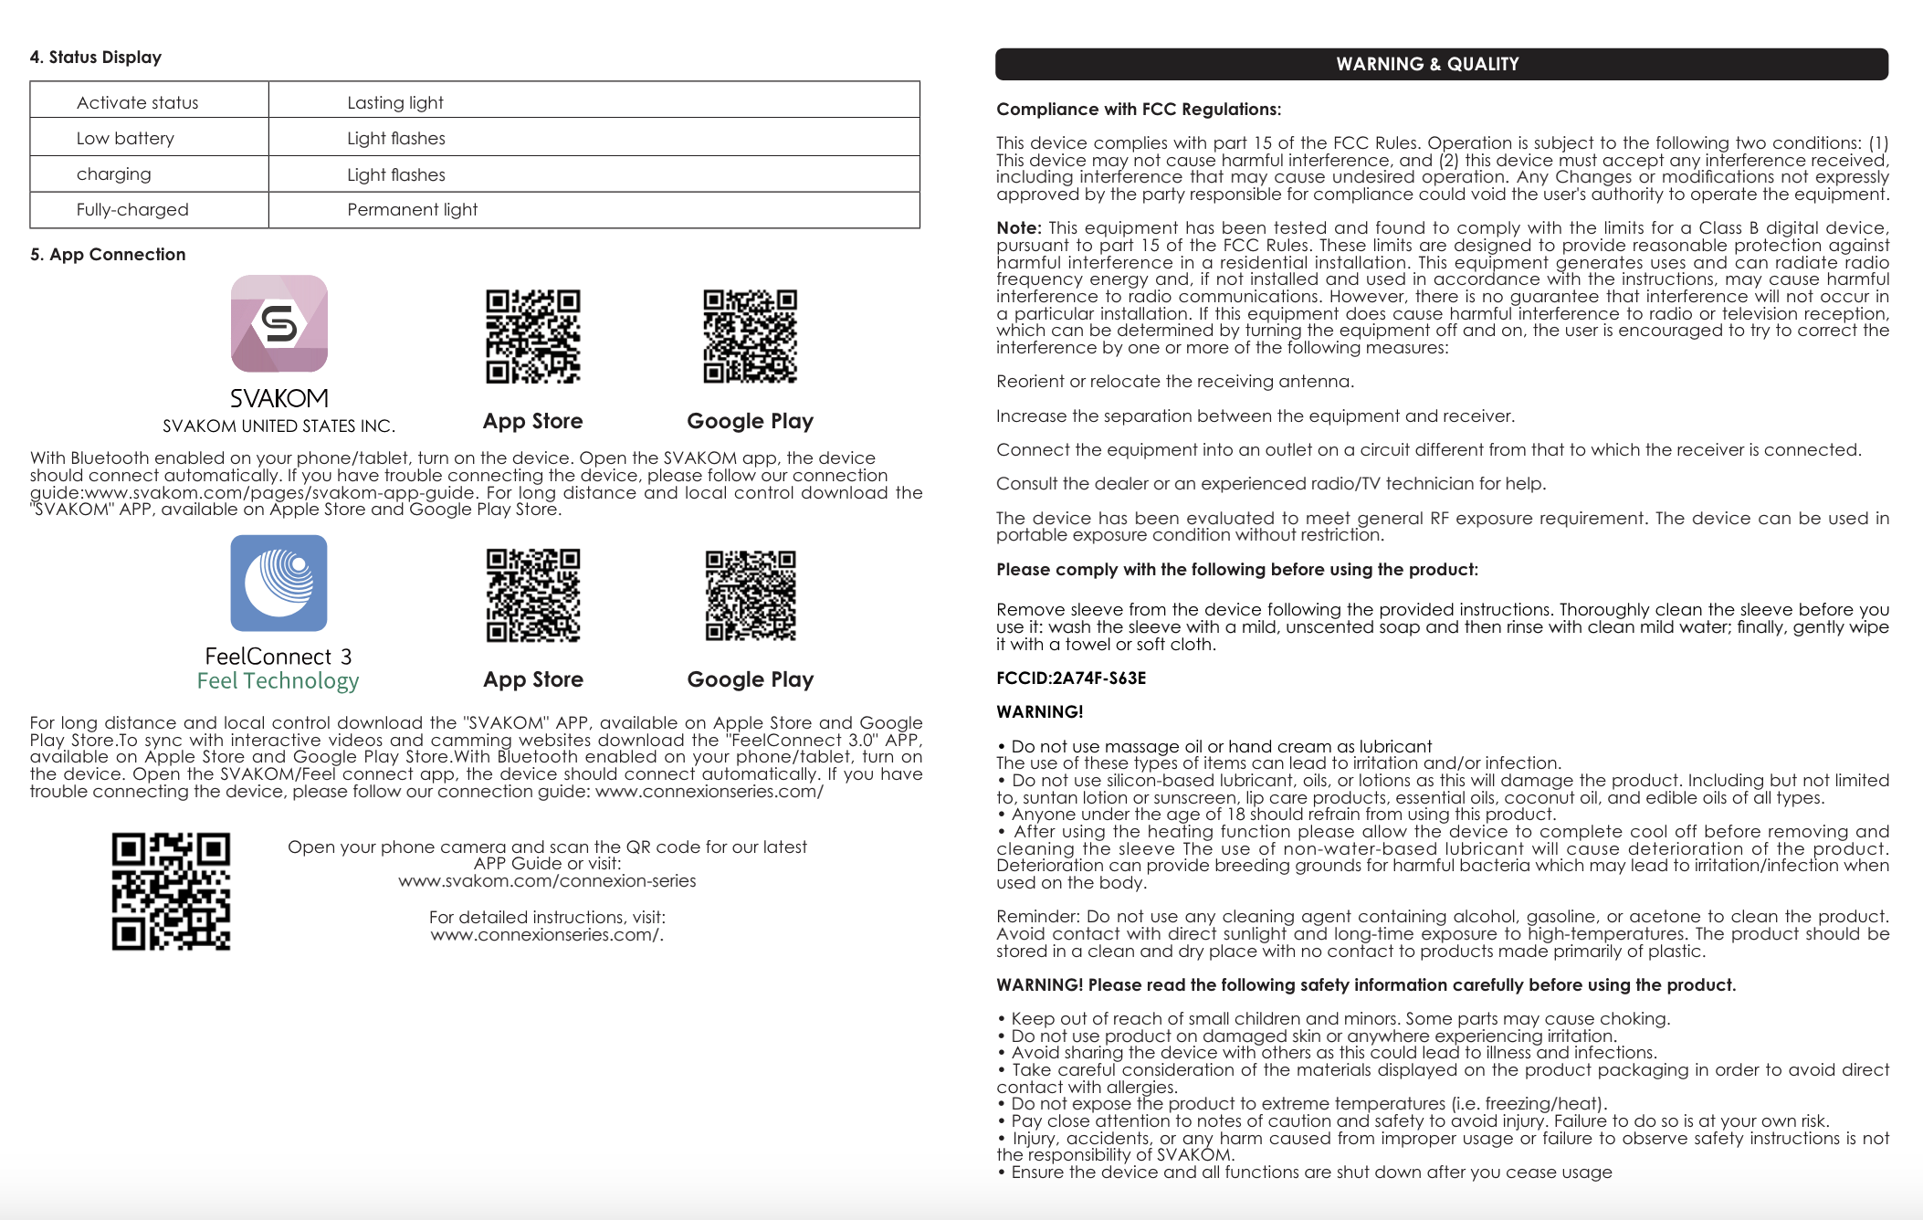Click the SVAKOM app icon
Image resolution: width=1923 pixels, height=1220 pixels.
pyautogui.click(x=278, y=323)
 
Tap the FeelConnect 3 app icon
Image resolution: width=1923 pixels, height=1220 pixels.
pyautogui.click(x=278, y=583)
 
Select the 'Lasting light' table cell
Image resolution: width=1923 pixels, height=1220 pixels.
pyautogui.click(x=394, y=102)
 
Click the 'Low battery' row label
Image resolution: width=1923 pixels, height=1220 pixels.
pyautogui.click(x=125, y=138)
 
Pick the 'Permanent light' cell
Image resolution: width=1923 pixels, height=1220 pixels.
pyautogui.click(x=412, y=209)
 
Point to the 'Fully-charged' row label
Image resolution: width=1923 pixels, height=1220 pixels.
pyautogui.click(x=132, y=209)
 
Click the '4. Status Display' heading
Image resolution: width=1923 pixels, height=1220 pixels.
pyautogui.click(x=95, y=57)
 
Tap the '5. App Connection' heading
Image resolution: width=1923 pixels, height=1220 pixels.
pyautogui.click(x=108, y=254)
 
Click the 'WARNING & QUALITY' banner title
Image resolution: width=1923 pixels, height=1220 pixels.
pyautogui.click(x=1427, y=64)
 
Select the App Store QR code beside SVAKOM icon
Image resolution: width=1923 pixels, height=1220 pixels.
pyautogui.click(x=533, y=336)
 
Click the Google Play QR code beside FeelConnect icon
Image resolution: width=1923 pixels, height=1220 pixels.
pyautogui.click(x=751, y=595)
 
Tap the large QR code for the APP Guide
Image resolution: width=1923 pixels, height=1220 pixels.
pyautogui.click(x=171, y=891)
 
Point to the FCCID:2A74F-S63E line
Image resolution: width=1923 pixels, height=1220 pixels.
pyautogui.click(x=1071, y=678)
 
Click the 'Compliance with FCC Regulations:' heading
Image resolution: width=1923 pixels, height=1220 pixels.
pyautogui.click(x=1139, y=109)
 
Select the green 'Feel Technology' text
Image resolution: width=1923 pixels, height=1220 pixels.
pyautogui.click(x=278, y=680)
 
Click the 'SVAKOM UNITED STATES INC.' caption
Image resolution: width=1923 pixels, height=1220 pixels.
pyautogui.click(x=278, y=426)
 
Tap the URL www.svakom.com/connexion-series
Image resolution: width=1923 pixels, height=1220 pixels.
pyautogui.click(x=547, y=880)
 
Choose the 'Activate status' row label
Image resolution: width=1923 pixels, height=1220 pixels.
pyautogui.click(x=137, y=102)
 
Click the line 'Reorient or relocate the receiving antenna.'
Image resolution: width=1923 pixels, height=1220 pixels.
pyautogui.click(x=1175, y=381)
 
